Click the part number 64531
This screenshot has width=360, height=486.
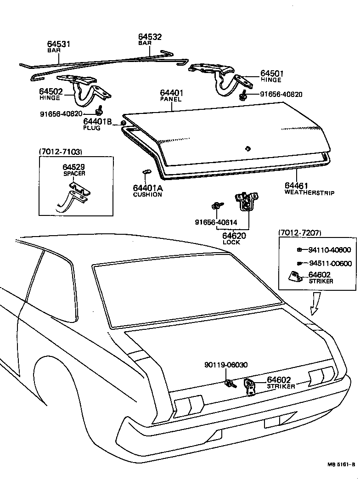58,44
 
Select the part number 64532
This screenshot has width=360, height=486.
150,37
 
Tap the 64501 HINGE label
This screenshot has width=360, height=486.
272,76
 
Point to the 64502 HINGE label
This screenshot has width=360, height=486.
51,94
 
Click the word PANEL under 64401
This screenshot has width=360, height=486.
171,99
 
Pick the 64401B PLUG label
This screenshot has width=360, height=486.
97,124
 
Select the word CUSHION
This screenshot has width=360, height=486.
147,194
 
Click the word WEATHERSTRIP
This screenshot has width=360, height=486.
309,192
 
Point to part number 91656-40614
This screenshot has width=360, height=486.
213,222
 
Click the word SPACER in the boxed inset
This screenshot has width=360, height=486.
74,174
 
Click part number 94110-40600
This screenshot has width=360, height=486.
329,250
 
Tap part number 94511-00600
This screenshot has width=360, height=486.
329,263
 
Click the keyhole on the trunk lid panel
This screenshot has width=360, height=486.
247,148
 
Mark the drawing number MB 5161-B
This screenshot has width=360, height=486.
341,477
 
